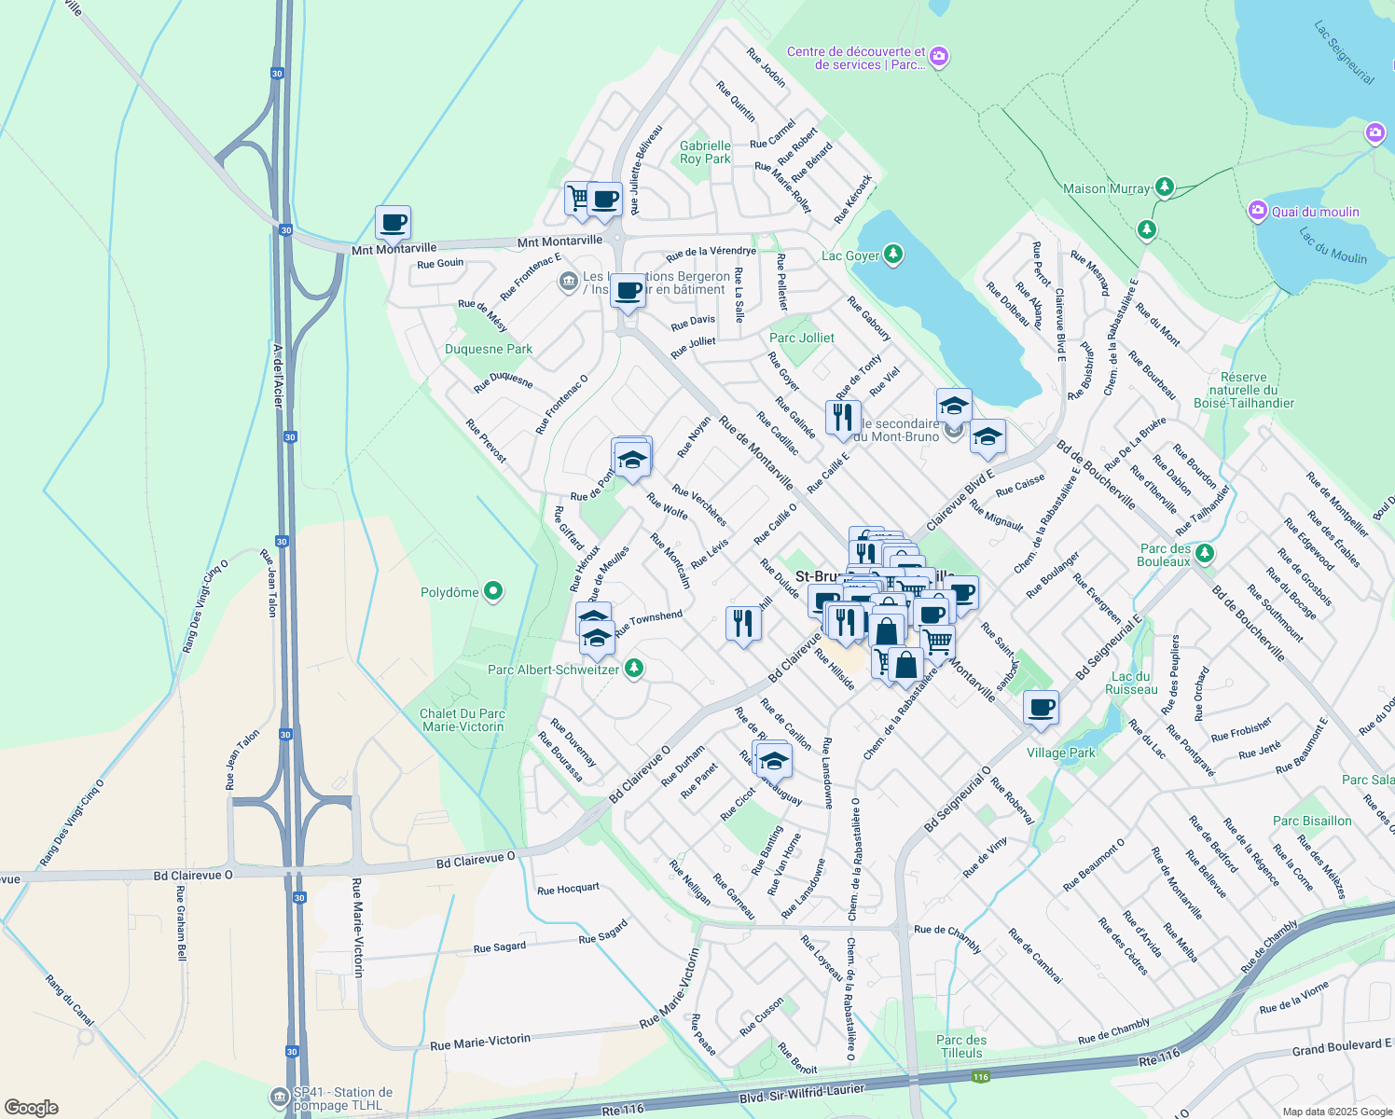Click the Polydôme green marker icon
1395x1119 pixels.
click(494, 591)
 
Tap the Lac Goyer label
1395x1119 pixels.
click(849, 256)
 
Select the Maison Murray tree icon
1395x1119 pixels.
click(1164, 187)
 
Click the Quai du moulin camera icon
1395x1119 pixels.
click(1258, 211)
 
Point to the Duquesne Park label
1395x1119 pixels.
click(489, 350)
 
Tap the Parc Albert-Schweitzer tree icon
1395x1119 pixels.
click(634, 668)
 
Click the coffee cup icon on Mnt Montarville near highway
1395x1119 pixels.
click(393, 223)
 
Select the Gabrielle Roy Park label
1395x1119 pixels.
click(705, 152)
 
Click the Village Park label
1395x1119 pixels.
click(1061, 753)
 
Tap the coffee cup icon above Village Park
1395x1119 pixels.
click(1041, 707)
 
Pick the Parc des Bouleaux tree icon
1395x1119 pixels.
click(1205, 554)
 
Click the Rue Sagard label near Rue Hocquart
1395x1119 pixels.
click(602, 932)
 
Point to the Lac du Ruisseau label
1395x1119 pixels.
click(1131, 683)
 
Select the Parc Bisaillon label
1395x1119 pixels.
click(1312, 821)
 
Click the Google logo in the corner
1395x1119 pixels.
click(32, 1107)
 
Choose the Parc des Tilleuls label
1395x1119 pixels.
click(961, 1046)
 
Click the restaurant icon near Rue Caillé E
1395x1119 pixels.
click(842, 417)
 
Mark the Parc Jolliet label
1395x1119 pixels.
click(802, 338)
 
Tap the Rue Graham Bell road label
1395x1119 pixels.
click(181, 922)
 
